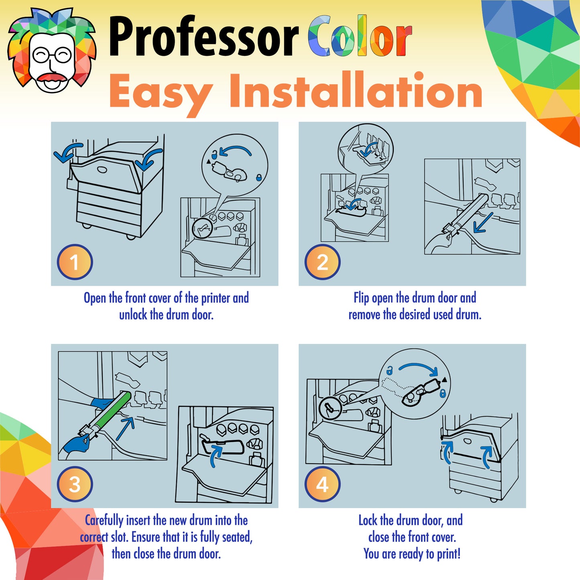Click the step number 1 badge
75,262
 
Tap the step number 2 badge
322,262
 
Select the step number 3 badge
75,484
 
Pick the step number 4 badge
322,484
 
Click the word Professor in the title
204,37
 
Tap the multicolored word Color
360,36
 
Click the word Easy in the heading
161,92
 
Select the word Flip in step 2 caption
361,298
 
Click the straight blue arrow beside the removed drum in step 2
483,223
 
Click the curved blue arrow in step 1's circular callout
236,149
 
